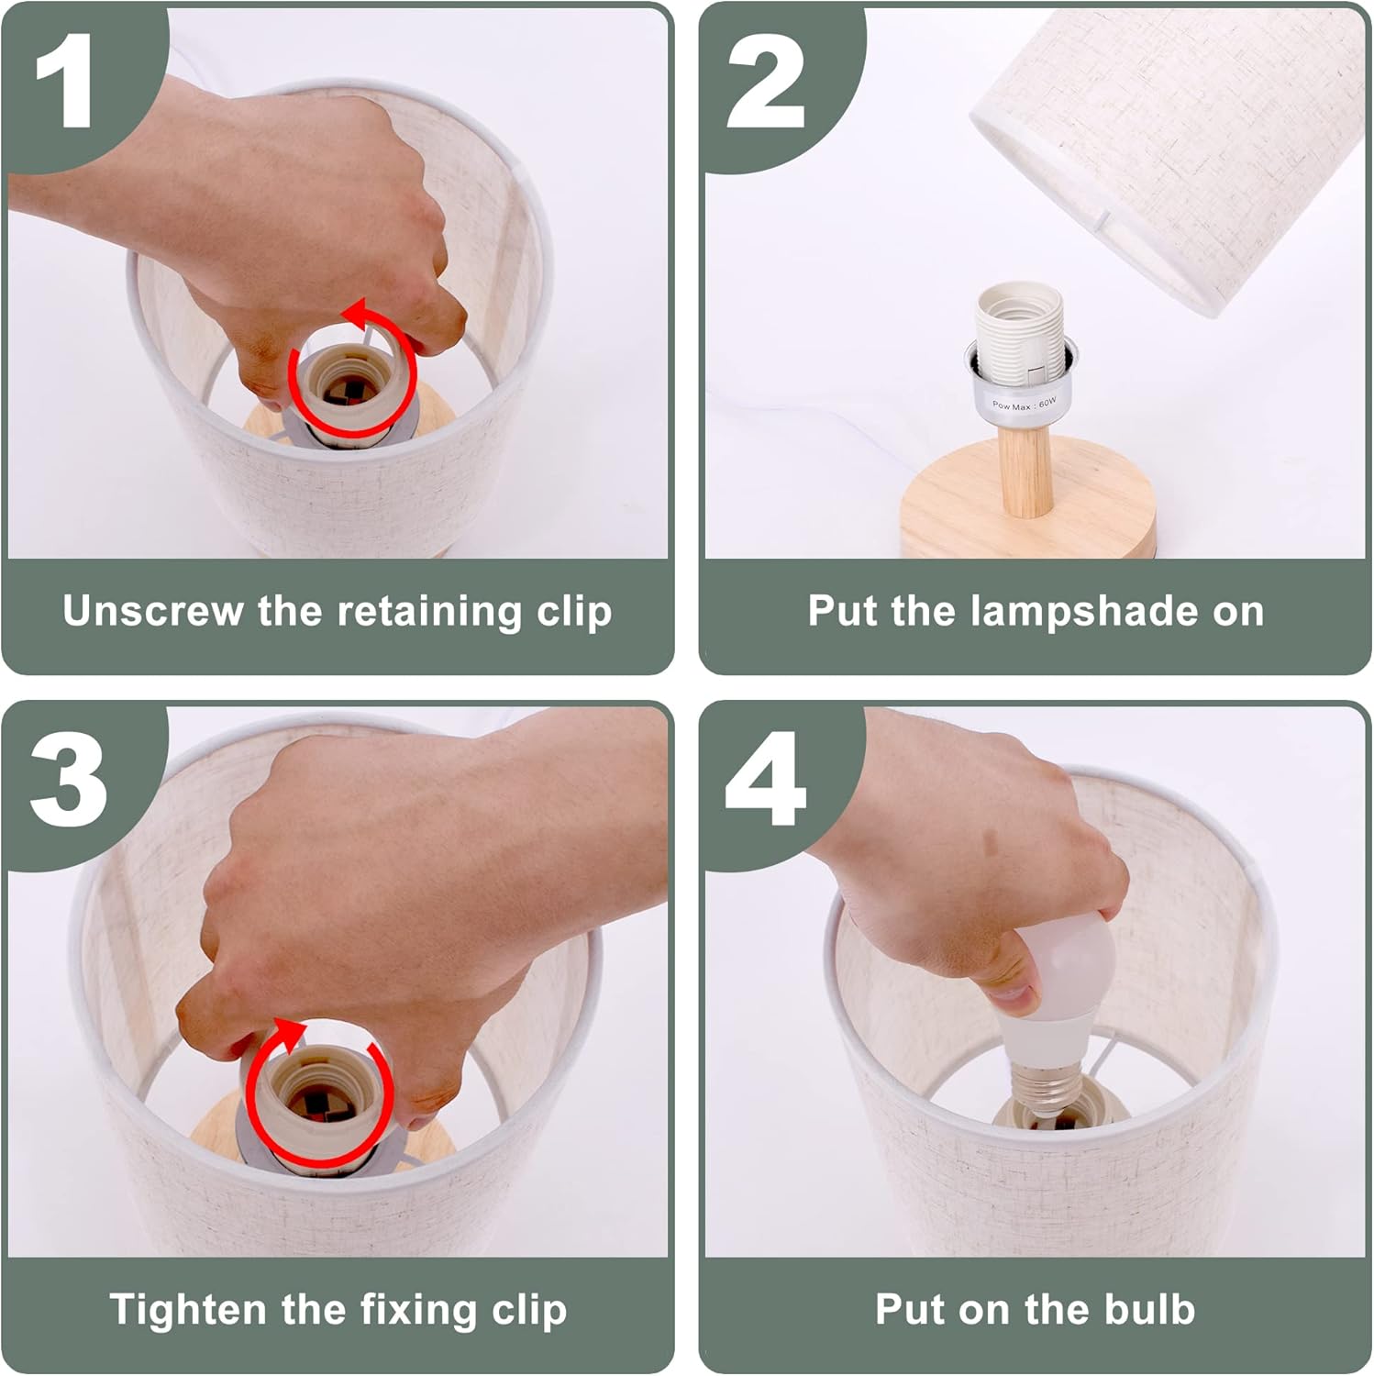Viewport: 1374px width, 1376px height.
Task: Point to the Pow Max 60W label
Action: click(1025, 404)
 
